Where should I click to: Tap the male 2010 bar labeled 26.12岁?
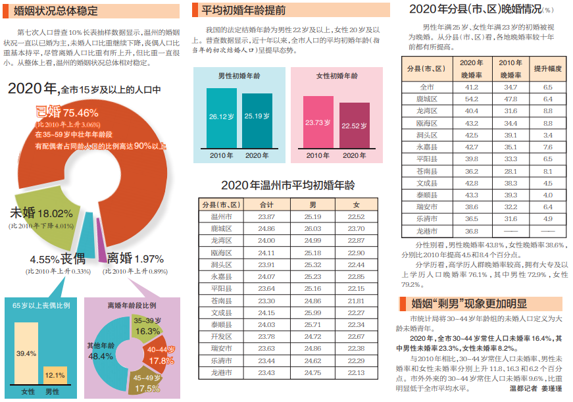coord(222,117)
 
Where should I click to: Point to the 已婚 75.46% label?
coord(66,113)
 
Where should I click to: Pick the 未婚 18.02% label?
coord(41,213)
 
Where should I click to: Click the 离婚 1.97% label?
coord(135,258)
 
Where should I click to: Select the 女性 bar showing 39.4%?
coord(26,353)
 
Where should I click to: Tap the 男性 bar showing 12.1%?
coord(55,375)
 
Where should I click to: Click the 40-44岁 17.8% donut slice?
coord(160,355)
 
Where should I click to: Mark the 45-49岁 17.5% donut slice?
coord(147,384)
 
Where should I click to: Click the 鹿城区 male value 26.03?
coord(312,228)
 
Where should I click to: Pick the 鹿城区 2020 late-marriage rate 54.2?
coord(471,99)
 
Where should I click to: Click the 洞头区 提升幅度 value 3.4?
coord(547,135)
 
